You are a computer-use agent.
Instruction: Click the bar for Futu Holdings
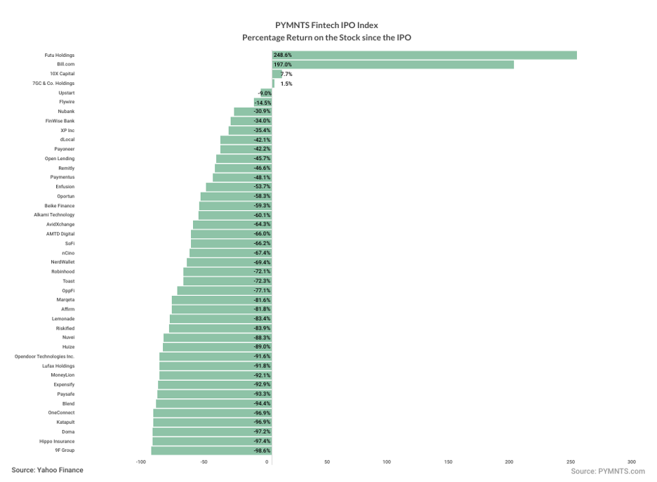(424, 55)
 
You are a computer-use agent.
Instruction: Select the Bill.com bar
(393, 65)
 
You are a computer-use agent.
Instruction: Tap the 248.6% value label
(283, 55)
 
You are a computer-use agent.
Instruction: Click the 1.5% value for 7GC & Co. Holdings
(286, 84)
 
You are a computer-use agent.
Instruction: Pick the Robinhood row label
(62, 271)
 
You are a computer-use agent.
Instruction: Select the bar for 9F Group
(211, 450)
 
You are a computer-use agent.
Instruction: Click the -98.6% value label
(262, 450)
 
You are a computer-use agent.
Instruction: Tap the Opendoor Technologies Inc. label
(44, 356)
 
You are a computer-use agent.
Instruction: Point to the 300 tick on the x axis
(632, 462)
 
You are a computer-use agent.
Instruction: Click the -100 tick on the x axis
(141, 462)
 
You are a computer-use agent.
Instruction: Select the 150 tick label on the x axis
(448, 462)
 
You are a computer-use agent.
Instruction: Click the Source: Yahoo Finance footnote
(47, 470)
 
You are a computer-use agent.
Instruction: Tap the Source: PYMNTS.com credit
(607, 471)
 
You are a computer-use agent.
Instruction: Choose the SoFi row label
(69, 243)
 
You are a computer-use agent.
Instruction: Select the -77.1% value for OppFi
(262, 290)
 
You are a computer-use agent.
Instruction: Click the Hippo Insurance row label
(57, 441)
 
